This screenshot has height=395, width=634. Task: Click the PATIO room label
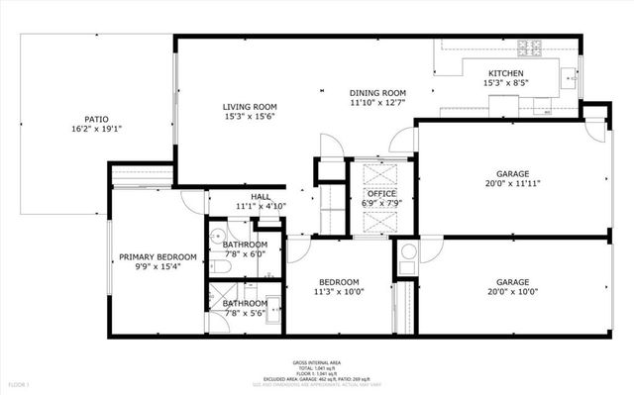(96, 117)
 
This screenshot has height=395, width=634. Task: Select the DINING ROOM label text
(378, 92)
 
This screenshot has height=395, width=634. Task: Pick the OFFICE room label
(382, 193)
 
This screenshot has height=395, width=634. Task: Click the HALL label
(260, 197)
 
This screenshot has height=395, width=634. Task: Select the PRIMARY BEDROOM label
(158, 257)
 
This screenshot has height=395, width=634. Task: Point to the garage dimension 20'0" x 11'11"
(512, 183)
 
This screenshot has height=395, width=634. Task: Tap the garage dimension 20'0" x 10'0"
(512, 292)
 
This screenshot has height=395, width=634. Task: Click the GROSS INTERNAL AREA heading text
(317, 362)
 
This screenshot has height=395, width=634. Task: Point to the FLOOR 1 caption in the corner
(20, 383)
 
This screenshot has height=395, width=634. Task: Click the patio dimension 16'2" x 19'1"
(96, 129)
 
